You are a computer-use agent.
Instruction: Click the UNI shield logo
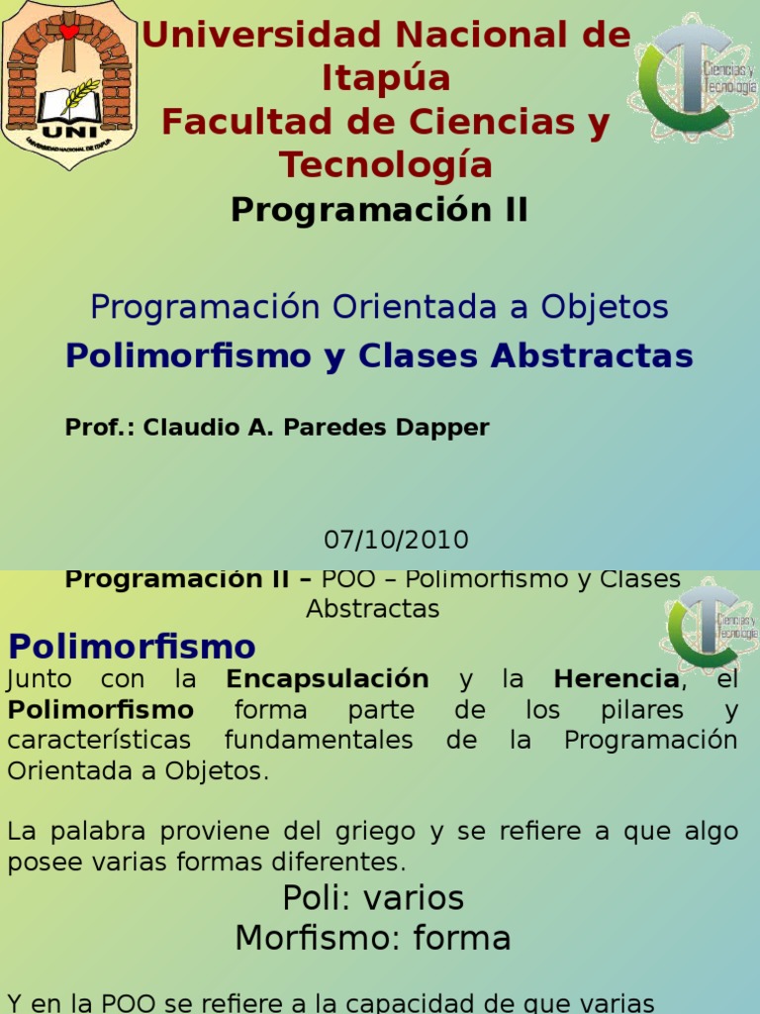click(x=68, y=84)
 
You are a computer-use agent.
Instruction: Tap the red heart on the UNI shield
click(x=68, y=31)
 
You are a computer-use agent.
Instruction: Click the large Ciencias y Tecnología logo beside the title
click(x=694, y=76)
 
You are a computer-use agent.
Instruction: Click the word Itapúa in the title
click(x=386, y=78)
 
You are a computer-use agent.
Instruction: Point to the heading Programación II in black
click(x=379, y=210)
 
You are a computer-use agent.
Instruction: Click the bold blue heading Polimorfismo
click(x=132, y=648)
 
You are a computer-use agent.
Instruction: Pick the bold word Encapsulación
click(x=328, y=679)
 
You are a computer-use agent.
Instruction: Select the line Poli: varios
click(x=373, y=898)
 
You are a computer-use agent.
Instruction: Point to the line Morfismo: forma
click(x=373, y=937)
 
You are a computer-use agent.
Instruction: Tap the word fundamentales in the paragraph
click(x=318, y=741)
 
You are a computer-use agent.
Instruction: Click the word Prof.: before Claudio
click(x=100, y=428)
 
